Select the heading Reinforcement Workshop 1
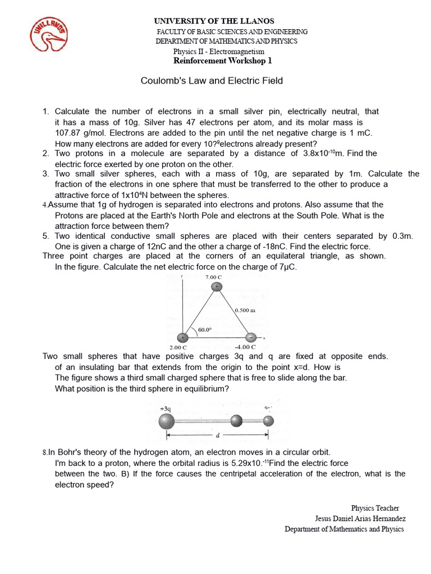click(223, 61)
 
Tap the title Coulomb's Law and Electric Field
click(212, 81)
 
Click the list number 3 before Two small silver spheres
click(45, 174)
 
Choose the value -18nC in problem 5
click(247, 246)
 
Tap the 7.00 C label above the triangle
click(214, 277)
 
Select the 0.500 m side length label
click(245, 309)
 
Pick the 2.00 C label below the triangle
click(178, 347)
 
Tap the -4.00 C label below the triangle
click(245, 347)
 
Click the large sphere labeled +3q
click(166, 420)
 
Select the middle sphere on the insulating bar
click(237, 420)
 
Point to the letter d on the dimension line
click(217, 435)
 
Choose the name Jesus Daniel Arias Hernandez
click(360, 519)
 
